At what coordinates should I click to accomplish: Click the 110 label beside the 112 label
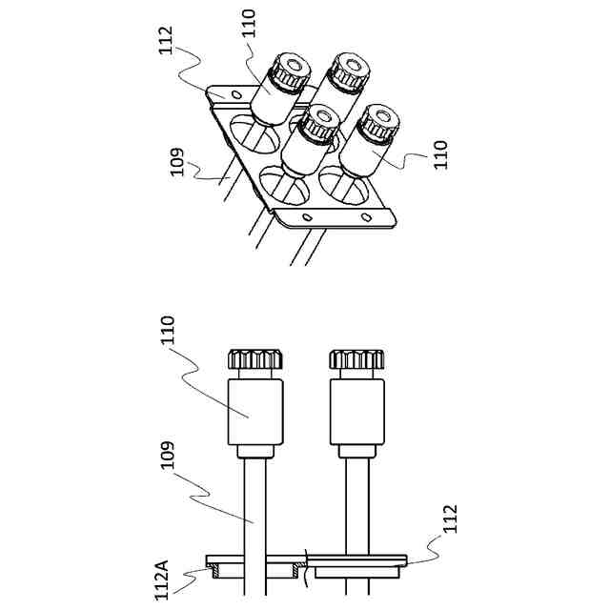tap(250, 24)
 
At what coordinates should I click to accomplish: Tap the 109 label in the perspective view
tap(177, 165)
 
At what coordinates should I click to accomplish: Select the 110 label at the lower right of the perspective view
tap(439, 153)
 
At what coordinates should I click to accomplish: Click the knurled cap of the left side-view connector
tap(255, 360)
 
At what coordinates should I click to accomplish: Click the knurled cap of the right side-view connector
tap(357, 360)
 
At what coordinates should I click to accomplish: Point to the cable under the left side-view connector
tap(255, 505)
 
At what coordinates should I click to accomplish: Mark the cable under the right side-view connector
tap(357, 505)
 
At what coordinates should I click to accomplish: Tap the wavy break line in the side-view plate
tap(306, 559)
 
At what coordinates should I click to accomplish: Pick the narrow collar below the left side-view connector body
tap(254, 452)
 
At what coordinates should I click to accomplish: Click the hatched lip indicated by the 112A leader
tap(218, 572)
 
